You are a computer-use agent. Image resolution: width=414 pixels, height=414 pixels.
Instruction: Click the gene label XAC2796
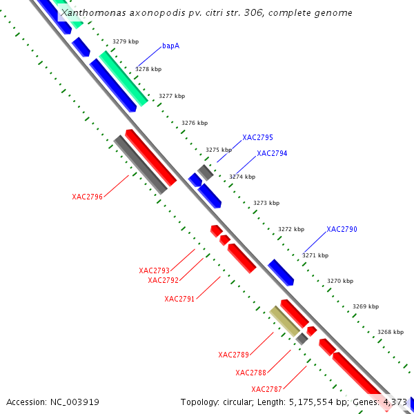click(87, 197)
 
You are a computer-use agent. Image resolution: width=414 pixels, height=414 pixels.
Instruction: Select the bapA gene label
click(171, 46)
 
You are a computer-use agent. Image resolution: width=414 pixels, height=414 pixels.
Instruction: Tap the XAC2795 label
click(257, 138)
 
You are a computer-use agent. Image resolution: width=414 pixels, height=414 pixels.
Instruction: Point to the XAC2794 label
click(272, 154)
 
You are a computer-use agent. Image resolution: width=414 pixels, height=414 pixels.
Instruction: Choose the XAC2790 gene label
click(342, 229)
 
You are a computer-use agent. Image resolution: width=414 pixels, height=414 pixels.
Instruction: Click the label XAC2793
click(154, 270)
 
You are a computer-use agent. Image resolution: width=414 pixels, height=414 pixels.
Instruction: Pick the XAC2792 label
click(163, 280)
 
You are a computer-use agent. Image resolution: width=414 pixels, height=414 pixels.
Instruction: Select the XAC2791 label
click(179, 299)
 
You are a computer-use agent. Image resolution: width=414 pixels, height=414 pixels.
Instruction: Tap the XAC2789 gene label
click(233, 355)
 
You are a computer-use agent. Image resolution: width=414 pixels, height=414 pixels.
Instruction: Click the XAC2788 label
click(250, 373)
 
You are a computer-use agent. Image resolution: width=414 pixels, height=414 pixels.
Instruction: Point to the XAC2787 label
click(266, 389)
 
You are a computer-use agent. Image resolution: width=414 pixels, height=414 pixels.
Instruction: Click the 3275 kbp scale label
click(218, 150)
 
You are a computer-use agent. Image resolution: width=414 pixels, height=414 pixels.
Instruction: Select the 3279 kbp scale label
click(126, 42)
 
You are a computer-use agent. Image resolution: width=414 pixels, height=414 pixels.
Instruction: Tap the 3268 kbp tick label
click(391, 332)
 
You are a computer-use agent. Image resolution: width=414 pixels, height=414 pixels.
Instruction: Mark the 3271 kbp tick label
click(315, 255)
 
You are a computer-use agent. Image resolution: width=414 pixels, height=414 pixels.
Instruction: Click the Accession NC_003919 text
click(52, 402)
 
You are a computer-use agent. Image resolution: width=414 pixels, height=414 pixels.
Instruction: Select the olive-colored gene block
click(284, 322)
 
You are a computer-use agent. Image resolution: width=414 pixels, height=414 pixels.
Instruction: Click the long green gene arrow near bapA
click(124, 78)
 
